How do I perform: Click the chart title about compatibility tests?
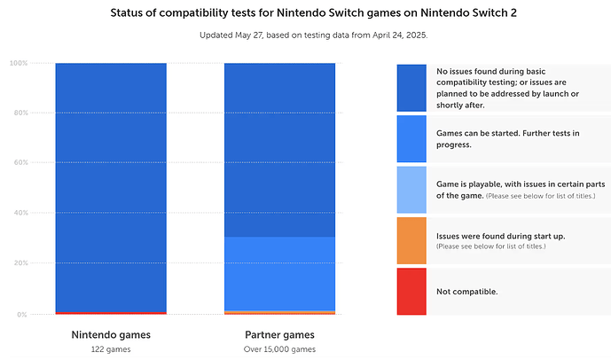305,14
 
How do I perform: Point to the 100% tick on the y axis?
18,63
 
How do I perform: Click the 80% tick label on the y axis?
19,113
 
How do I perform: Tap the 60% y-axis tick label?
19,163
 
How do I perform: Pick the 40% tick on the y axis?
19,214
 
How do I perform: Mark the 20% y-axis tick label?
19,263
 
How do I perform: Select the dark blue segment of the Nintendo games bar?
111,186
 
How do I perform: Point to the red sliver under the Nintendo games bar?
111,313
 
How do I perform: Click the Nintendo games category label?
111,335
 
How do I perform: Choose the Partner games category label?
279,335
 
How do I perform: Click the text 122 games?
111,349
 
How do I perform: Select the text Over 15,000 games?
279,349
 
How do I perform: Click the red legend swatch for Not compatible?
411,291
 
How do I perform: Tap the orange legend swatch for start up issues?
411,240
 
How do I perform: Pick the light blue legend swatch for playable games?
411,190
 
